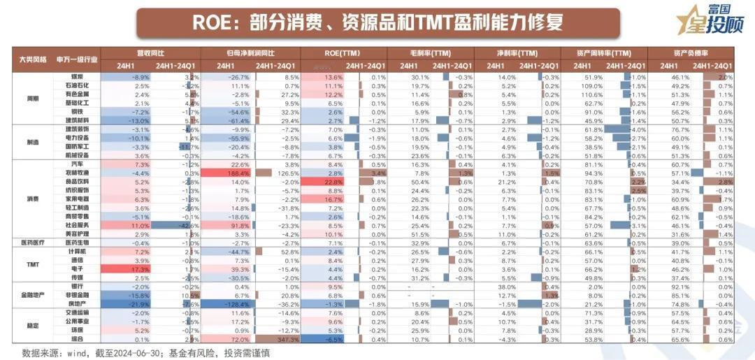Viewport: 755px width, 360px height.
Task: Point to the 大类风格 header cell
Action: pos(34,59)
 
